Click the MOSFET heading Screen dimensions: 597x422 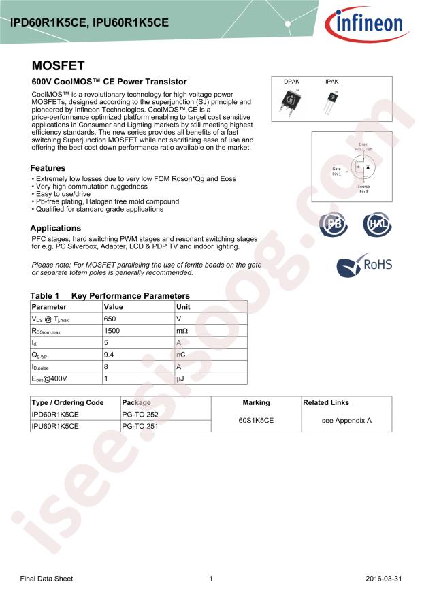tap(58, 66)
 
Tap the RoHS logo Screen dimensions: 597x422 tap(365, 263)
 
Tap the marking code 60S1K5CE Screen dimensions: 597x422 tap(256, 421)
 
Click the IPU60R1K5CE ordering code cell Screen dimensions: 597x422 tap(56, 426)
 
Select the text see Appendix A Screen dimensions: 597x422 tap(346, 421)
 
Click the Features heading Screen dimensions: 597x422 tap(48, 168)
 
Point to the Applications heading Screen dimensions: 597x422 tap(55, 228)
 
